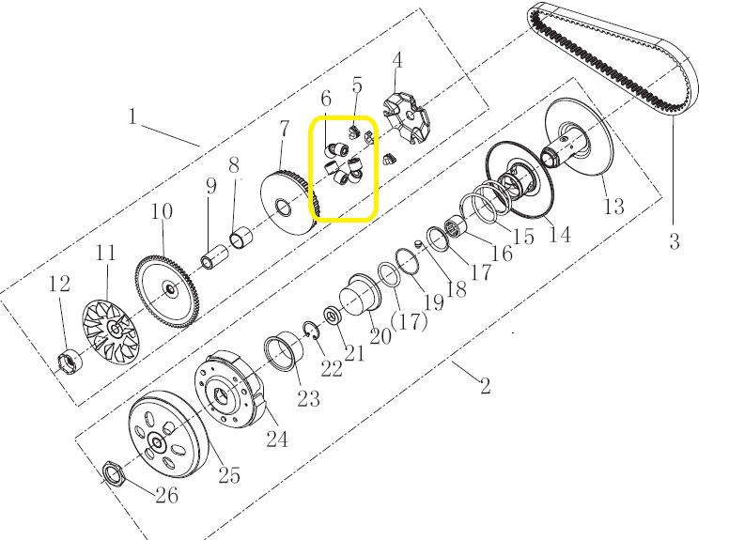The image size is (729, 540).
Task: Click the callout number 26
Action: coord(167,495)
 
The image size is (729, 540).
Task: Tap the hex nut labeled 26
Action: coord(112,473)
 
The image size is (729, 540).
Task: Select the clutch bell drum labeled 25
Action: coord(168,434)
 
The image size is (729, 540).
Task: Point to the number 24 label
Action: coord(277,439)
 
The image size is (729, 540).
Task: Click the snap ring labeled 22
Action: coord(311,330)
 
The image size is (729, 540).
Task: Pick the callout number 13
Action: coord(613,206)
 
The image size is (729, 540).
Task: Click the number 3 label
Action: coord(675,241)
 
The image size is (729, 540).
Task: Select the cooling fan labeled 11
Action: coord(111,331)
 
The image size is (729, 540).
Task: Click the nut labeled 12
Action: coord(70,361)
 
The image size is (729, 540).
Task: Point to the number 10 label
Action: coord(162,211)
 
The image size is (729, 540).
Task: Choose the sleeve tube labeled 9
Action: coord(214,256)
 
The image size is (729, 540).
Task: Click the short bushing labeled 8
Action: coord(242,237)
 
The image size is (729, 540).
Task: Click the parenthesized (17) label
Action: coord(410,321)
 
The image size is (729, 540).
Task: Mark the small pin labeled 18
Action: coord(417,243)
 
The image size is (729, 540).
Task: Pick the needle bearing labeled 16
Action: coord(457,228)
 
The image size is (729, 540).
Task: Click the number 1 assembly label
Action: coord(133,116)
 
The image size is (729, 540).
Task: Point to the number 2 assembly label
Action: coord(486,385)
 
